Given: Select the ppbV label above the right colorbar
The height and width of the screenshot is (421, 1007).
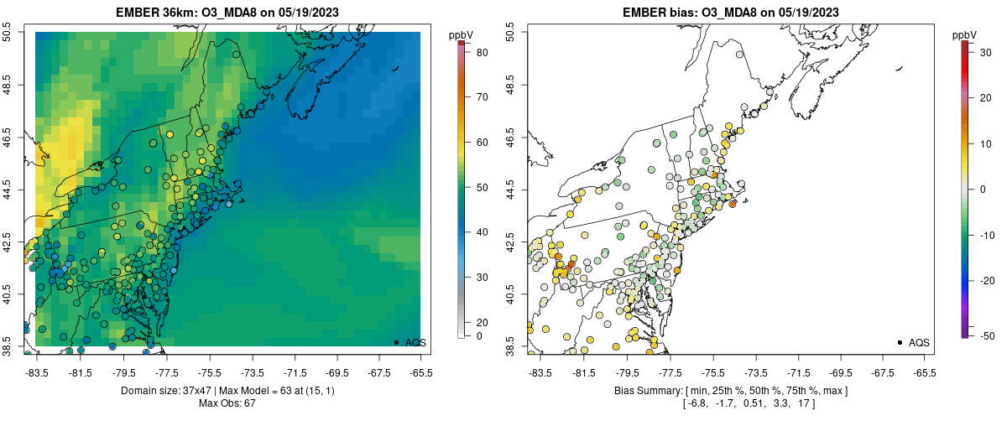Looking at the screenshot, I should pyautogui.click(x=965, y=34).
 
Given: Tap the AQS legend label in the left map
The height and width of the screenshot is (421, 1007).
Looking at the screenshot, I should pyautogui.click(x=416, y=342).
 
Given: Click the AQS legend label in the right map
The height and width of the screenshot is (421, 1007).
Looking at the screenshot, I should pyautogui.click(x=919, y=342).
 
